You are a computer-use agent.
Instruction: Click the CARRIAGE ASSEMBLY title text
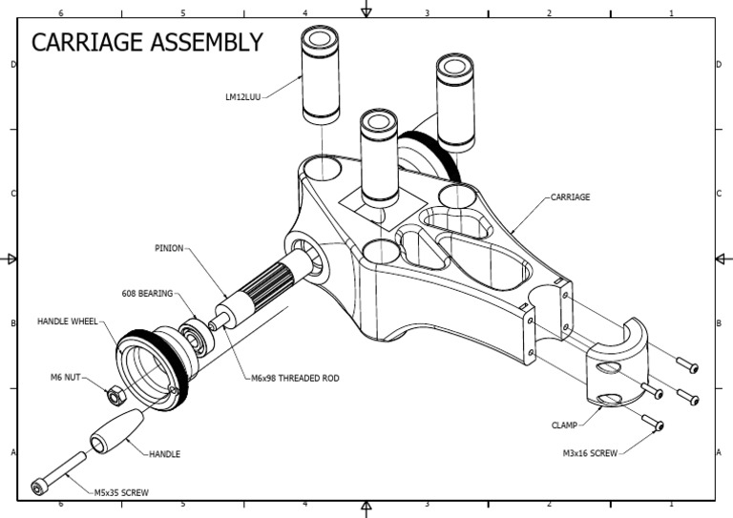point(147,43)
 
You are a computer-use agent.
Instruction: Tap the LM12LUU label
point(242,96)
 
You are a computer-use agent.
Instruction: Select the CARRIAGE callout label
point(570,197)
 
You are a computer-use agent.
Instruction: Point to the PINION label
point(169,248)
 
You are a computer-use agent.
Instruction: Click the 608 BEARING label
point(147,294)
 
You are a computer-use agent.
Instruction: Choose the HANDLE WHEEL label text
point(70,321)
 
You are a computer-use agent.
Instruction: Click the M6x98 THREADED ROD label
point(295,378)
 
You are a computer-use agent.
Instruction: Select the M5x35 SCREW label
point(121,492)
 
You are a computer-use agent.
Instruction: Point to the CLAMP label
point(565,425)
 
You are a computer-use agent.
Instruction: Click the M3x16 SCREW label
point(590,453)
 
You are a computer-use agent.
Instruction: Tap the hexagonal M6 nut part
point(113,392)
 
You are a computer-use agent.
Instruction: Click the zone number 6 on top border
point(61,13)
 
